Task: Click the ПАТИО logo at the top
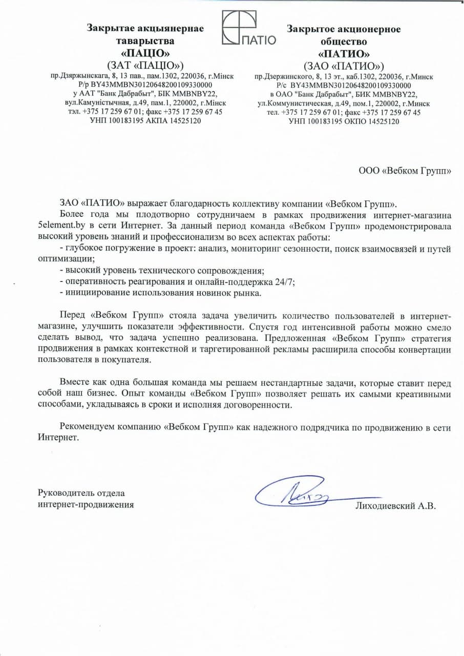tap(248, 29)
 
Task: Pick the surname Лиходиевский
tap(385, 506)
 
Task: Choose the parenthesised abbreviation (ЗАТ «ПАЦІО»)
tap(145, 66)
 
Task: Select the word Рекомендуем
tap(86, 427)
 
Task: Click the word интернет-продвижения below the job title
tap(86, 505)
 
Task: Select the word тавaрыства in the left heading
tap(145, 41)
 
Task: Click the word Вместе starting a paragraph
tap(74, 383)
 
